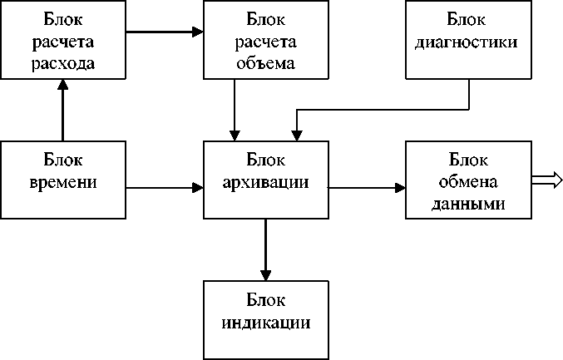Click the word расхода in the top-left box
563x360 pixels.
(63, 63)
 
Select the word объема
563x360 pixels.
(266, 63)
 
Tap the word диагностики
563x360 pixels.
(466, 42)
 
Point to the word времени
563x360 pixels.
(63, 183)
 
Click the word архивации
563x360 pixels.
(266, 183)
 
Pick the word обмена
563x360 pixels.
(468, 182)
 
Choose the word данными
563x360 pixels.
(468, 204)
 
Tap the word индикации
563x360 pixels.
(266, 323)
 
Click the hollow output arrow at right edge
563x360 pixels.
(547, 180)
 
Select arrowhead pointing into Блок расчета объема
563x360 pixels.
(198, 32)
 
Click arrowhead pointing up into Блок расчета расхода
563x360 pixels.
(63, 84)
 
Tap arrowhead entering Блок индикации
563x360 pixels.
(266, 275)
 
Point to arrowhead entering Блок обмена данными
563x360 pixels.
(400, 188)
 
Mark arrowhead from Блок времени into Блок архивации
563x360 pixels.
(198, 188)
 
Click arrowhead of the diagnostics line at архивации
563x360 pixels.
(297, 136)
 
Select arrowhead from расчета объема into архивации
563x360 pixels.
(235, 136)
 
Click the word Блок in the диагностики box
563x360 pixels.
(466, 19)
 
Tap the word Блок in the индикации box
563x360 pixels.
(266, 299)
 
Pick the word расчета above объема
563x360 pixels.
(266, 42)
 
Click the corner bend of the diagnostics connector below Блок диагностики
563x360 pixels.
(469, 110)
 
